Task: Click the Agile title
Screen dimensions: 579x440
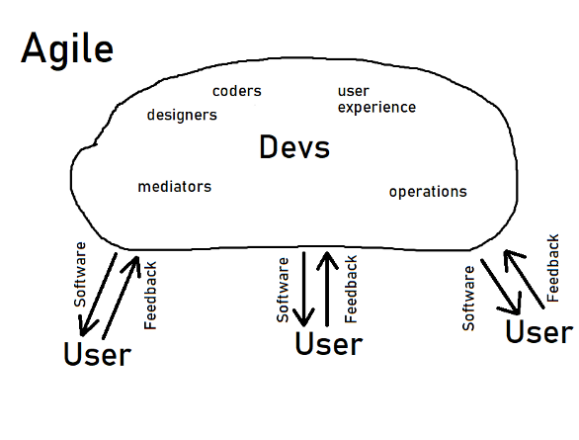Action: tap(67, 49)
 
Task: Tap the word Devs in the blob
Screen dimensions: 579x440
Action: tap(294, 147)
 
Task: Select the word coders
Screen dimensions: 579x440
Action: tap(237, 91)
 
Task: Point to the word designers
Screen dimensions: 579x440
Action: tap(182, 115)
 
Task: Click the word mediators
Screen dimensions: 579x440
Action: tap(174, 187)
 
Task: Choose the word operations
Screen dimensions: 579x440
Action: tap(428, 192)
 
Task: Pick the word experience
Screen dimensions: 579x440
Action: tap(376, 108)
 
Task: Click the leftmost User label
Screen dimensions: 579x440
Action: tap(98, 354)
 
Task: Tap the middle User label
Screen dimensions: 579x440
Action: tap(329, 343)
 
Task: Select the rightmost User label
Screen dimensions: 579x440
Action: tap(539, 331)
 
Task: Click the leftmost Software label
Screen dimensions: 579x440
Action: tap(80, 275)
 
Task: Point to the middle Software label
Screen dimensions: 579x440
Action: tap(283, 290)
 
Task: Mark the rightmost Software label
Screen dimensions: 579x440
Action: tap(468, 299)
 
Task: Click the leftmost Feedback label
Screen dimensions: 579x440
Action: tap(150, 296)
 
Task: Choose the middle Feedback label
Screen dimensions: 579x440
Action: tap(351, 290)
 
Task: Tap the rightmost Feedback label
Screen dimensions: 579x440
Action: tap(552, 268)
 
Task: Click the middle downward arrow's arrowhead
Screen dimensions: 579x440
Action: tap(303, 318)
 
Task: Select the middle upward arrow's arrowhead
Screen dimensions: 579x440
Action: tap(327, 260)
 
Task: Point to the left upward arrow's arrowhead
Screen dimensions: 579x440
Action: tap(133, 265)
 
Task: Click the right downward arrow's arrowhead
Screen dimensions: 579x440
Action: tap(513, 307)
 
